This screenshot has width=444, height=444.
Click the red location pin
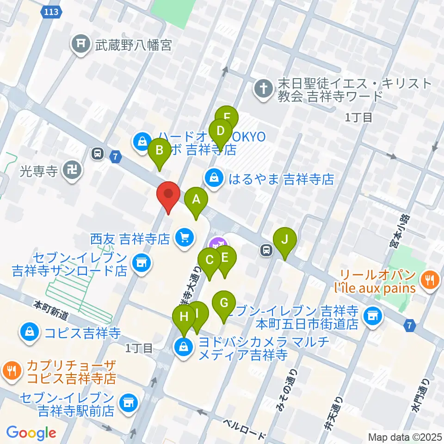168,195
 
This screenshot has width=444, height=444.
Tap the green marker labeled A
196,200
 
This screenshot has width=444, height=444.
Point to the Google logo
31,433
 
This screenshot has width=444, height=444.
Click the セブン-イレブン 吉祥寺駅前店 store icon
128,402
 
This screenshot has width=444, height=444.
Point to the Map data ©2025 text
405,437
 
